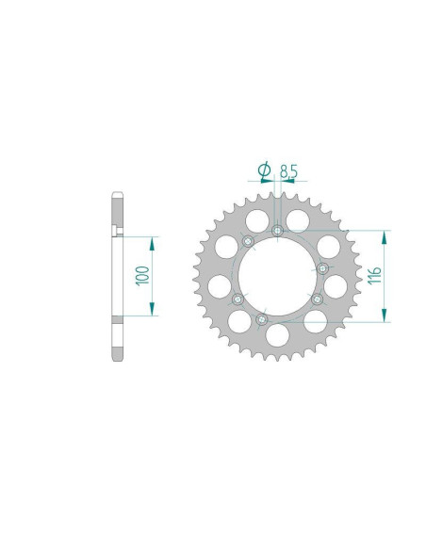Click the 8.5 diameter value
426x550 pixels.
[x=288, y=170]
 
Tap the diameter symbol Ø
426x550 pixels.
[x=265, y=170]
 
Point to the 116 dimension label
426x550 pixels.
[x=374, y=275]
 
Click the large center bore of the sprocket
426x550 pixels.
[x=276, y=277]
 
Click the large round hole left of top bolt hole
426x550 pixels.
[x=251, y=220]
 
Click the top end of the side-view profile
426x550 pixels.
[x=117, y=197]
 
